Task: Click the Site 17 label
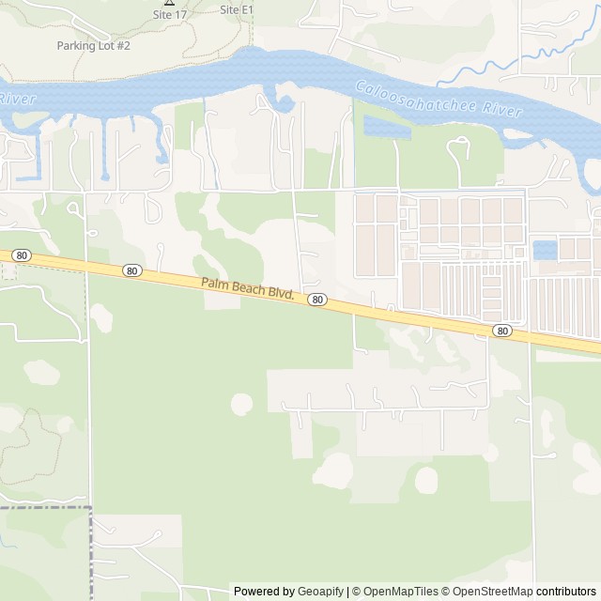tap(169, 15)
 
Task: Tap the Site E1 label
tap(237, 9)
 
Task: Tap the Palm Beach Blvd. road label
tap(248, 289)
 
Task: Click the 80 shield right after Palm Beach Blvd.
tap(318, 300)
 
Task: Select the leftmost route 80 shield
tap(21, 254)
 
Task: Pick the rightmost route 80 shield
tap(503, 331)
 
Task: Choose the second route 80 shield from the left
tap(131, 270)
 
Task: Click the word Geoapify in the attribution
tap(320, 592)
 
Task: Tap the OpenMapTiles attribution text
tap(401, 592)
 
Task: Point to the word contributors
tap(566, 592)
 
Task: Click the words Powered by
tap(264, 592)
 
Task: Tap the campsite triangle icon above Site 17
tap(169, 2)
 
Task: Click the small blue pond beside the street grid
tap(543, 250)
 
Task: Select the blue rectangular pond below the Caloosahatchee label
tap(385, 128)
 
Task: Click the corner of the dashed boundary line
tap(91, 508)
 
